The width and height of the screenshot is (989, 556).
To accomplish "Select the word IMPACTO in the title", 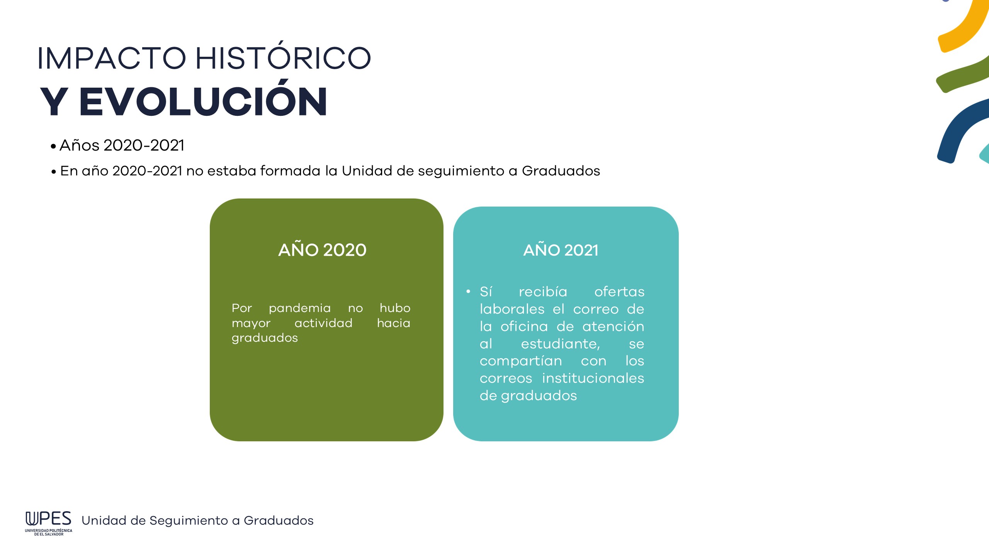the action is [x=112, y=58].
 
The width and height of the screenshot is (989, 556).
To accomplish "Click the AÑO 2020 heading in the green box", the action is [x=322, y=249].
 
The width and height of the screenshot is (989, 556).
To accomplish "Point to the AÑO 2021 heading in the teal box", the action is [x=561, y=250].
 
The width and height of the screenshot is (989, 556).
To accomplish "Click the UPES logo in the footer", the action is [x=49, y=523].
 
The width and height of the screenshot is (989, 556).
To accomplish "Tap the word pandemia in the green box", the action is [x=300, y=309].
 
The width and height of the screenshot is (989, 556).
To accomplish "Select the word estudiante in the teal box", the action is [x=560, y=343].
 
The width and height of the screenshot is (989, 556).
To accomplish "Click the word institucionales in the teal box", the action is [x=593, y=378].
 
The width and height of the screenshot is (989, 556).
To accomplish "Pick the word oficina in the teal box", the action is [x=524, y=326].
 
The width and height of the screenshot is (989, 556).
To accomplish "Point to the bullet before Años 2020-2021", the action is [x=53, y=146].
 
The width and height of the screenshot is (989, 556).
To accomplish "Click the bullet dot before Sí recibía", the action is [x=468, y=292].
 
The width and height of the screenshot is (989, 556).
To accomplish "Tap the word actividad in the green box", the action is [x=323, y=323].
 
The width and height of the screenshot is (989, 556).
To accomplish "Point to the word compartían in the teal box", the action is [x=521, y=361].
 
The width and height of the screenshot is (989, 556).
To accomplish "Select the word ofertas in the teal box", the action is [x=619, y=292].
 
